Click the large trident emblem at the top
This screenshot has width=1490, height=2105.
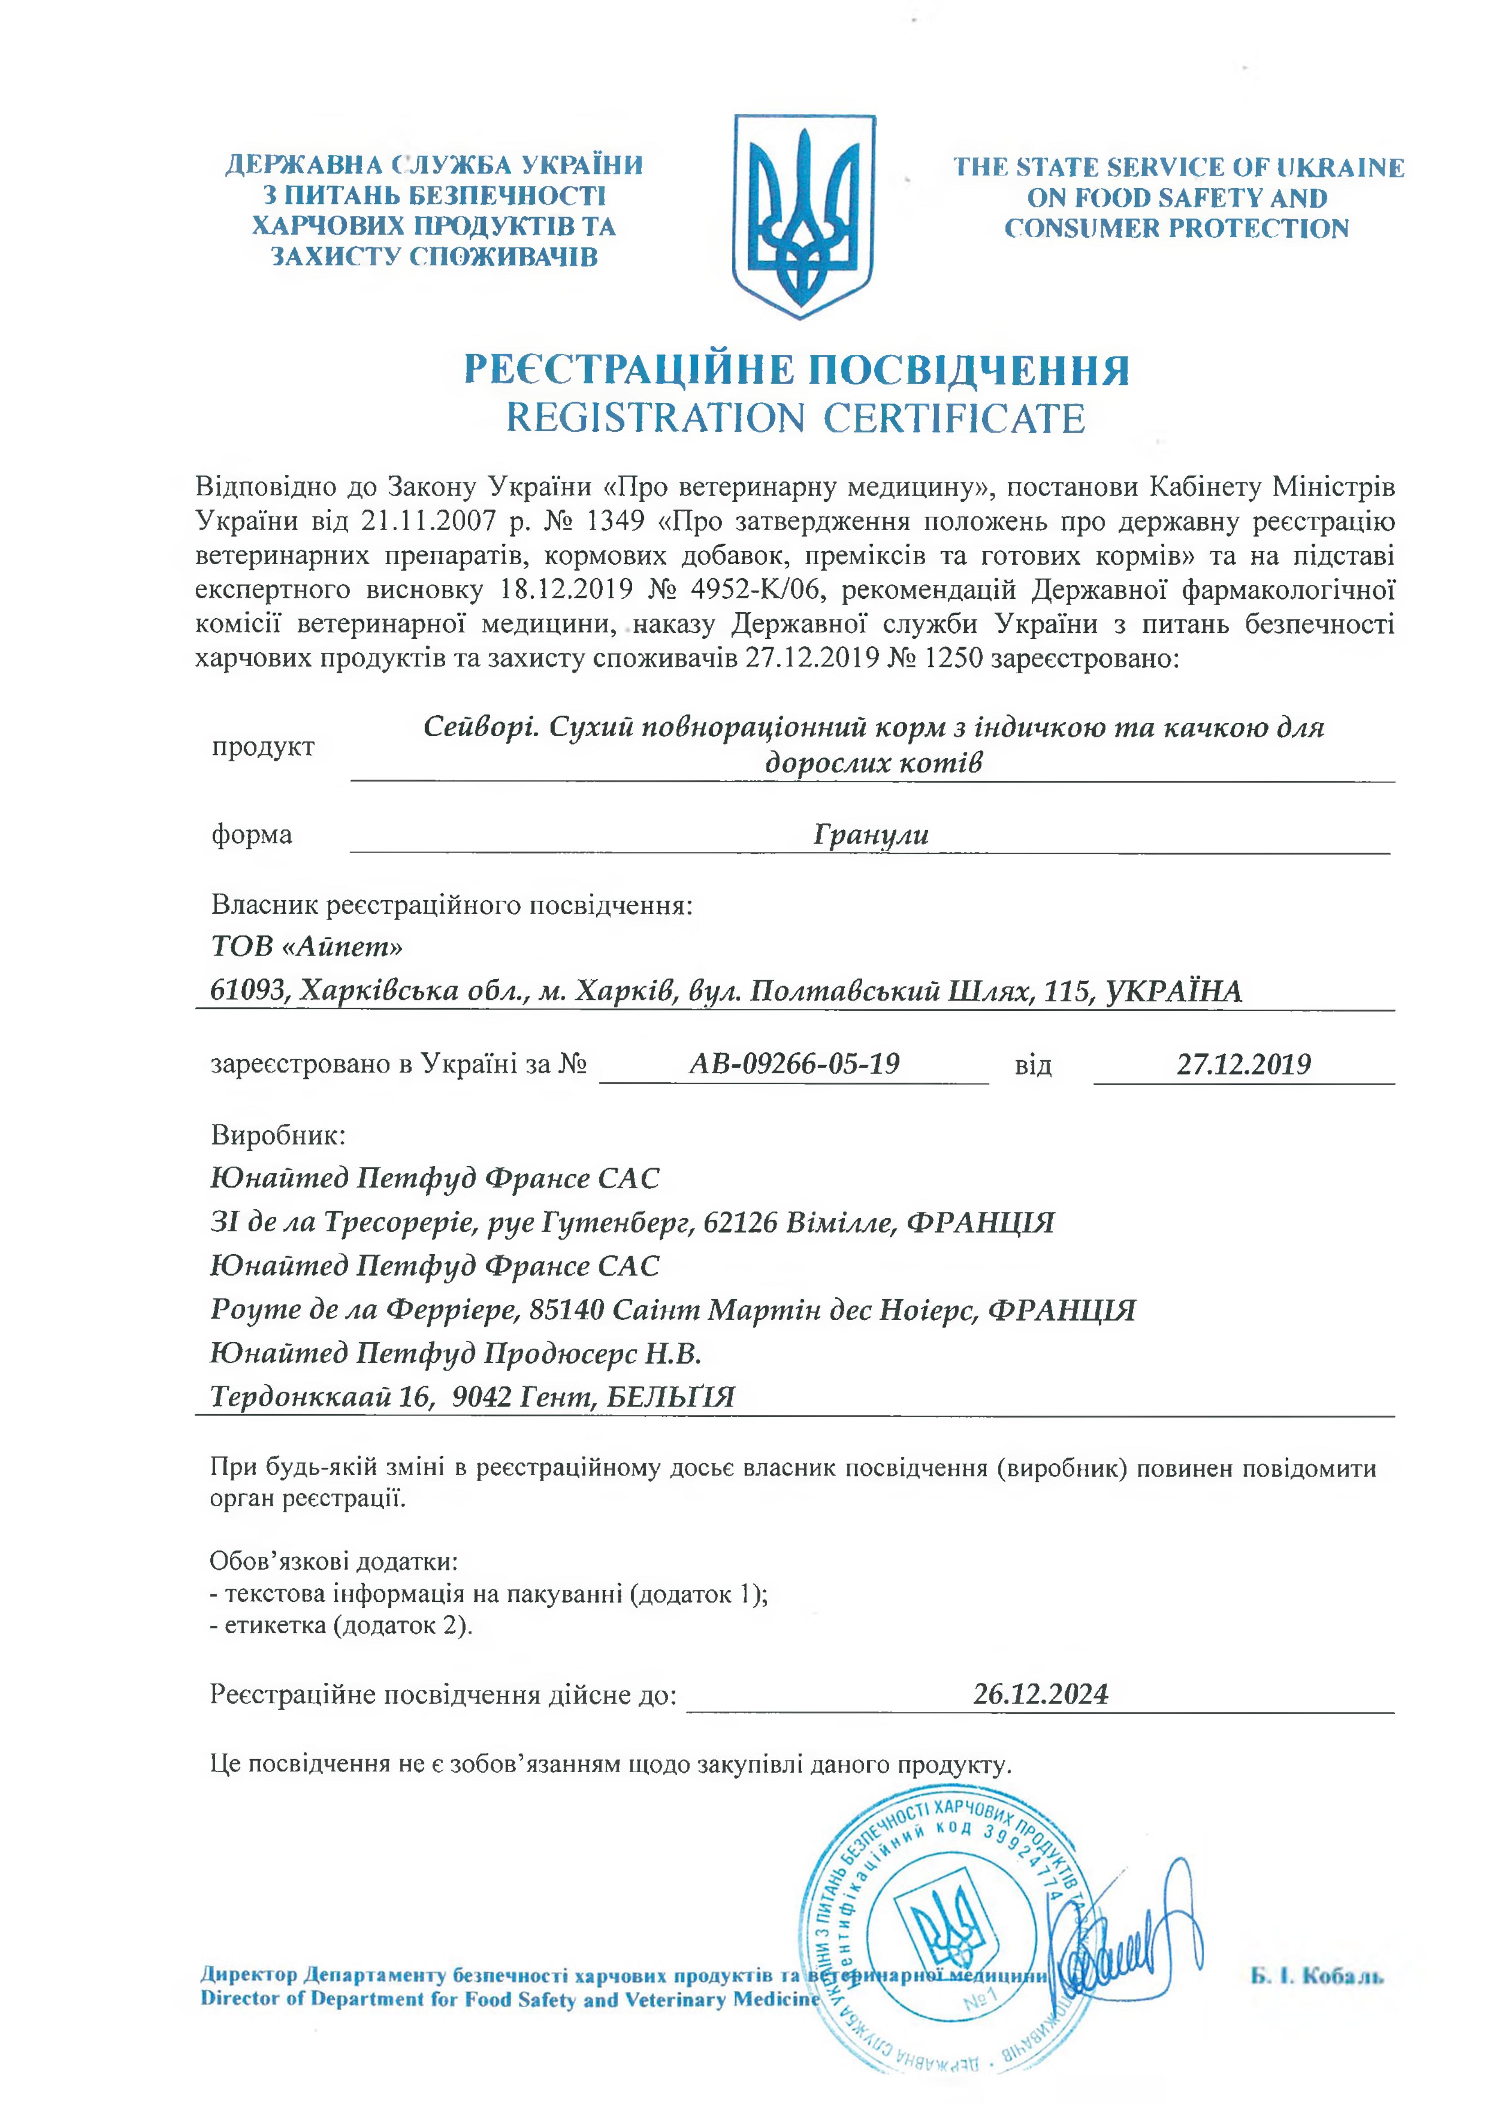click(804, 217)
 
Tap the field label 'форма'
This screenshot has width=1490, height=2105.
click(251, 835)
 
